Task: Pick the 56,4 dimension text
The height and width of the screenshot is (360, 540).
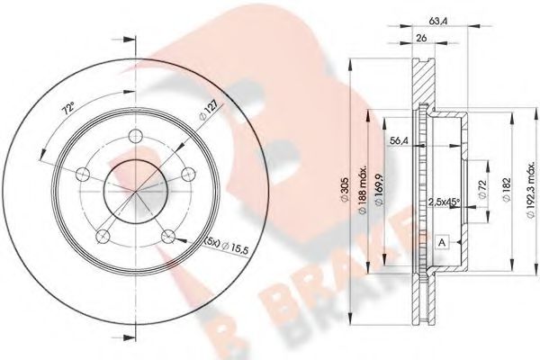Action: [x=397, y=140]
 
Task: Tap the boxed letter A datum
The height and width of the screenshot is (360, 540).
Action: [x=443, y=243]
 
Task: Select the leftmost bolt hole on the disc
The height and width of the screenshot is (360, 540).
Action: [x=83, y=174]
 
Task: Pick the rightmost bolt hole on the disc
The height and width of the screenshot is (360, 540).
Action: [x=190, y=174]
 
